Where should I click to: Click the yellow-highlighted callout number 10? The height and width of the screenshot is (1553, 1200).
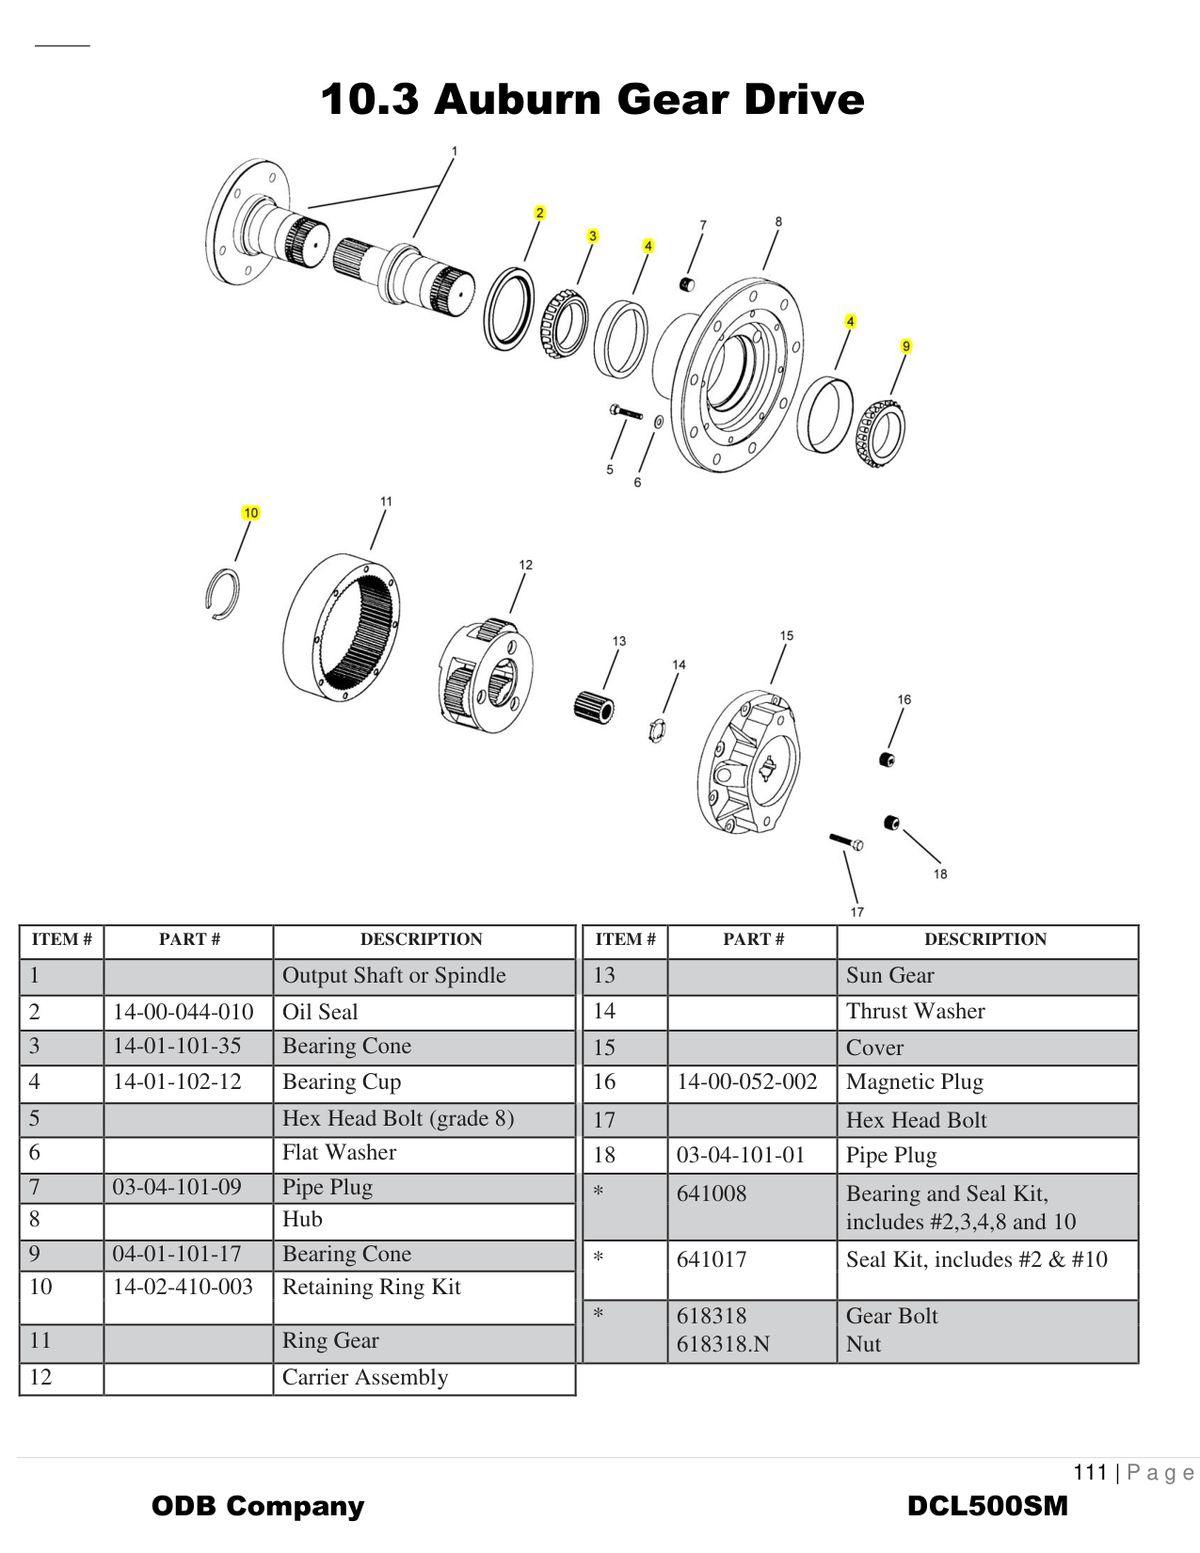(250, 513)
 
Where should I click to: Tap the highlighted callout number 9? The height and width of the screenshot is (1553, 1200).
(906, 346)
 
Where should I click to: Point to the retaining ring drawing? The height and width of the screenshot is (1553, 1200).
(222, 595)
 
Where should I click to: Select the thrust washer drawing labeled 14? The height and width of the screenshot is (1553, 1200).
(658, 728)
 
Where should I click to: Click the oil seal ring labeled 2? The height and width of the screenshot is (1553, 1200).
(509, 310)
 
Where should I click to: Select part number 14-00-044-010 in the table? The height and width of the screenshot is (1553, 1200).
(184, 1012)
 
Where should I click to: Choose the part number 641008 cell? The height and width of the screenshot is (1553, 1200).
(712, 1193)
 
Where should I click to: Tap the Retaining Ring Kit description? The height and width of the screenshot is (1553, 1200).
(372, 1287)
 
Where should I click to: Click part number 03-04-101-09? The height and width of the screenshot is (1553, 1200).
(177, 1187)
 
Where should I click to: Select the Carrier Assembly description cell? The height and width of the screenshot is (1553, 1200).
(365, 1377)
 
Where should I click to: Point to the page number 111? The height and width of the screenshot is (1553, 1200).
(1091, 1472)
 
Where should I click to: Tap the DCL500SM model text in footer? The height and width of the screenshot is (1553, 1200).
(987, 1506)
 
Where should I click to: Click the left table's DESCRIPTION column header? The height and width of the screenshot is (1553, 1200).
(421, 939)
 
